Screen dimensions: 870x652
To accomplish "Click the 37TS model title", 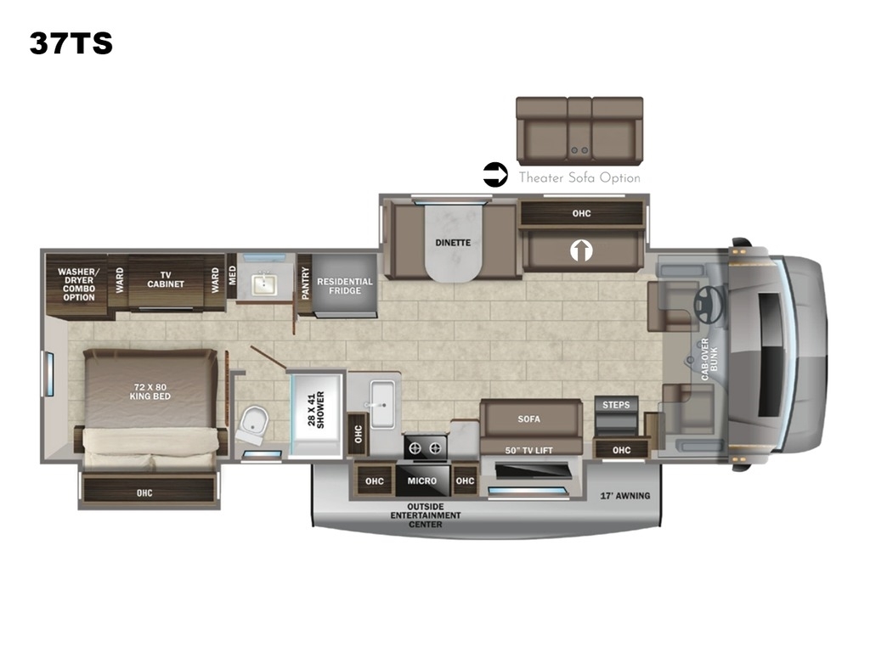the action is [71, 43].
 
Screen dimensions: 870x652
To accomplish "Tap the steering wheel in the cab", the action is [709, 305].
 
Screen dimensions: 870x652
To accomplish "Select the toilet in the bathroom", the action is [252, 424].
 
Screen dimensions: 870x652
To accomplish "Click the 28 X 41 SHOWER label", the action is [316, 410].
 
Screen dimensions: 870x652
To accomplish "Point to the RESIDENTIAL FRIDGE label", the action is [345, 286].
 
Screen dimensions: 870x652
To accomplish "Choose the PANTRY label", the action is [305, 284].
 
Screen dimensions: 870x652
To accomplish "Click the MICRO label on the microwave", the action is [421, 481].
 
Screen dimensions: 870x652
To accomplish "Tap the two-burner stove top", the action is [426, 447].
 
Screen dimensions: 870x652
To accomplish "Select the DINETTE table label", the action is [453, 243].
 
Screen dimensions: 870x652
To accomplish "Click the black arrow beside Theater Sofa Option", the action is [495, 175].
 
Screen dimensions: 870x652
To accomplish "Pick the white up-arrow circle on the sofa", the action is [581, 250].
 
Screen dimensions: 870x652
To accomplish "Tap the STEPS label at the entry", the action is [616, 405].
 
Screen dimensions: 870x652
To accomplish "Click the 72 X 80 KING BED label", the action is [150, 391].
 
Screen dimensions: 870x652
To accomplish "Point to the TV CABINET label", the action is [166, 279].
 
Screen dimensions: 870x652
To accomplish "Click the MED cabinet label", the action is [232, 275].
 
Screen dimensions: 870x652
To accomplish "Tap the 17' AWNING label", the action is [624, 496].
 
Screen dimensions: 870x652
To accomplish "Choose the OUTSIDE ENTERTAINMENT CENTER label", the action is [426, 515].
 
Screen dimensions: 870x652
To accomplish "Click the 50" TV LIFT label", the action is [528, 450].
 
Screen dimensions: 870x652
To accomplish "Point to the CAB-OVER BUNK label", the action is [709, 359].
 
